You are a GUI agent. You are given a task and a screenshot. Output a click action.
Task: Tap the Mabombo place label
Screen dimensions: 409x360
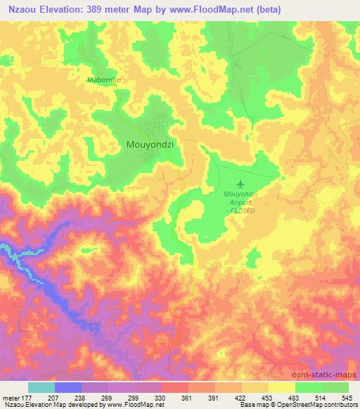[105, 80]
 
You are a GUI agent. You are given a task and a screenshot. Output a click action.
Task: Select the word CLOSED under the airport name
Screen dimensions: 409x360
[242, 210]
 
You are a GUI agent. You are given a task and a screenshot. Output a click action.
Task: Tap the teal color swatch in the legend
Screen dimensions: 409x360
[41, 387]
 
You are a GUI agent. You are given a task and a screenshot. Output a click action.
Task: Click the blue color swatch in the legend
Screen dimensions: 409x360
[68, 387]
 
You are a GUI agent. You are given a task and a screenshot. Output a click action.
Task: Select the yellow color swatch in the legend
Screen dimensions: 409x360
[281, 387]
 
